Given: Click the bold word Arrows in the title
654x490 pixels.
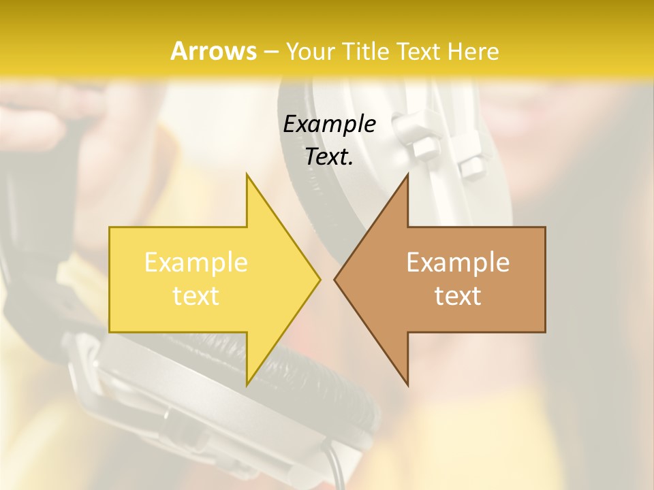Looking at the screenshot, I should pyautogui.click(x=213, y=51).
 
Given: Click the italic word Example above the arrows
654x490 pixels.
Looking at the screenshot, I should pyautogui.click(x=329, y=124).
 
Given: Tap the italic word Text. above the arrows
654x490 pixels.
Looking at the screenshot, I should pyautogui.click(x=329, y=157).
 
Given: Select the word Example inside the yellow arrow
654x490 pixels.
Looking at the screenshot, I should pyautogui.click(x=196, y=263).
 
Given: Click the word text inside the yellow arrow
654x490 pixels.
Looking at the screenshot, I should pyautogui.click(x=196, y=296).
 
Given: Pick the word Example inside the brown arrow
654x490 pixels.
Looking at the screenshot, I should pyautogui.click(x=458, y=263).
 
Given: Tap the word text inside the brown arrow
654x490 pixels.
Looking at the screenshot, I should pyautogui.click(x=458, y=296).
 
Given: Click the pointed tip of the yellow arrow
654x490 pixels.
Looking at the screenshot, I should pyautogui.click(x=320, y=279).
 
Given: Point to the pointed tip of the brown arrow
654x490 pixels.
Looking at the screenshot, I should pyautogui.click(x=334, y=279).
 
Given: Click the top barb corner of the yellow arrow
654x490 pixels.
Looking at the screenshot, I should pyautogui.click(x=247, y=174).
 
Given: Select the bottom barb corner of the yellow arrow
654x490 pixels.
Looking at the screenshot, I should pyautogui.click(x=247, y=385).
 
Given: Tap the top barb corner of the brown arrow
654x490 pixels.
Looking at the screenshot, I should pyautogui.click(x=407, y=174).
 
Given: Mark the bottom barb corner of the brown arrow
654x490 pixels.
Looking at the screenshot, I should pyautogui.click(x=407, y=385).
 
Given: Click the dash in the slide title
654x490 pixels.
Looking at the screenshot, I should pyautogui.click(x=270, y=52).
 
